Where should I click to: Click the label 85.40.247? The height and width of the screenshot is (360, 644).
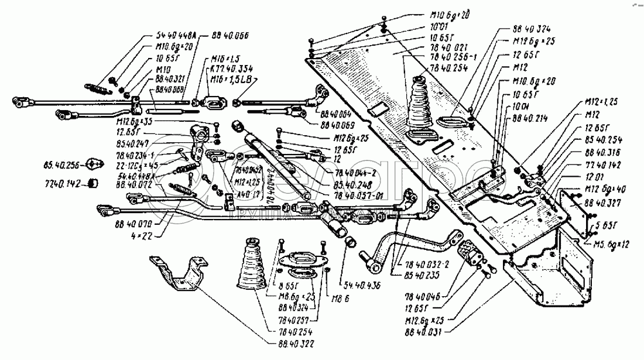click(133, 142)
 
